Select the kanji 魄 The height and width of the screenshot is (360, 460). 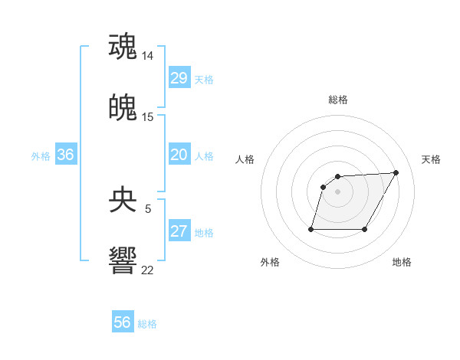click(x=123, y=108)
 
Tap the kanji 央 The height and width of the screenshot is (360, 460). click(x=123, y=200)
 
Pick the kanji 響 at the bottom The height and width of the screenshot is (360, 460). click(x=123, y=261)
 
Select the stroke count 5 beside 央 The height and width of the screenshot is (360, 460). click(x=148, y=208)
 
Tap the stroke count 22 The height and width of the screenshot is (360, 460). click(x=148, y=270)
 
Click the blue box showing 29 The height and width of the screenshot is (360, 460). click(x=179, y=78)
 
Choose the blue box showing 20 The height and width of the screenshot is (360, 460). click(x=179, y=155)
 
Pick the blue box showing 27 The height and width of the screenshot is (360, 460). click(x=179, y=231)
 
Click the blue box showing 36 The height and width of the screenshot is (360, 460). click(x=66, y=155)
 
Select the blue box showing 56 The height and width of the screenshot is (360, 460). click(x=123, y=322)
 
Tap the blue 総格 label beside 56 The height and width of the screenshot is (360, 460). click(x=147, y=324)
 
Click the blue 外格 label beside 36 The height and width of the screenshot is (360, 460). click(x=41, y=156)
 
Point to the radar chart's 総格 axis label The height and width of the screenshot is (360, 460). click(x=338, y=100)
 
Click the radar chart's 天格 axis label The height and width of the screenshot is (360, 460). click(x=432, y=159)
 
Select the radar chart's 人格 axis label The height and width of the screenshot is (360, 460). click(x=245, y=159)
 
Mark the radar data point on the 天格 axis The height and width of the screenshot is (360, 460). click(x=396, y=172)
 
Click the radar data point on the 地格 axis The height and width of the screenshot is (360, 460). click(x=365, y=229)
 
